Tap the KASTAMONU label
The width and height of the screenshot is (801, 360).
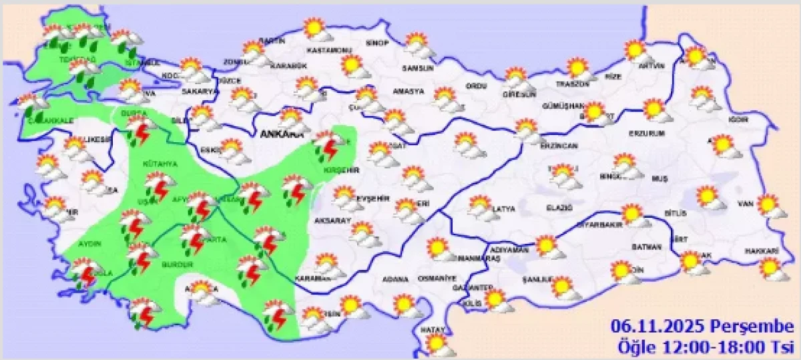point(328,51)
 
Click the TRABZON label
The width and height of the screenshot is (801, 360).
point(573,84)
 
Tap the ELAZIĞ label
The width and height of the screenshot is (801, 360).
point(560,208)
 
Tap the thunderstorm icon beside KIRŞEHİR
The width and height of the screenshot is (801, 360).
point(328,146)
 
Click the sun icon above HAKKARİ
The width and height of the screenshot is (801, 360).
point(771,268)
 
